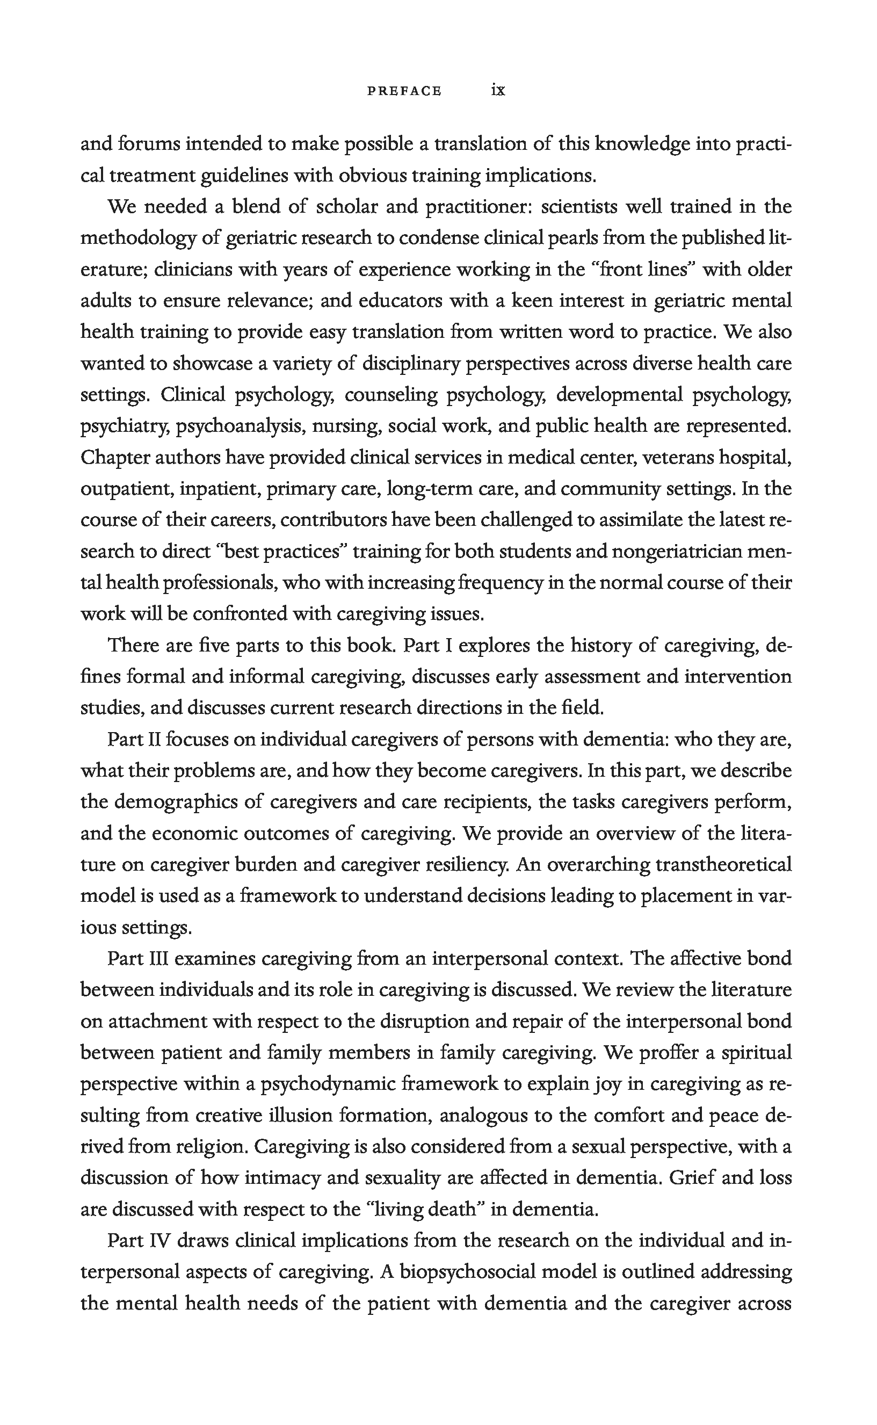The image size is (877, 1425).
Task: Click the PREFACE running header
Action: [404, 91]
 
